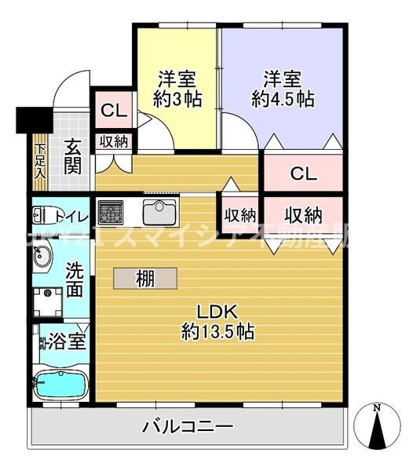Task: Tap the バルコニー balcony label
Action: click(188, 428)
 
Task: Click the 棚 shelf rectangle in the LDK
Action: click(144, 278)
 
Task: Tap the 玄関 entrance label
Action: click(72, 156)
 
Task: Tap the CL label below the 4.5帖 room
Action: click(303, 173)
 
